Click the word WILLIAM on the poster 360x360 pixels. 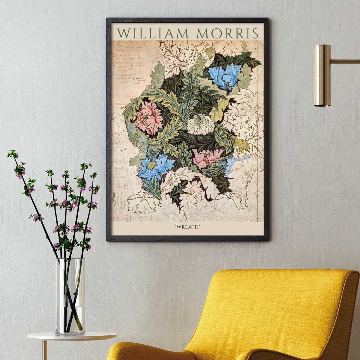coord(153,33)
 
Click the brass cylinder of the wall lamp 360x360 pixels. coord(322,75)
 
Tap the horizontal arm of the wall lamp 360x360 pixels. coord(345,61)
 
